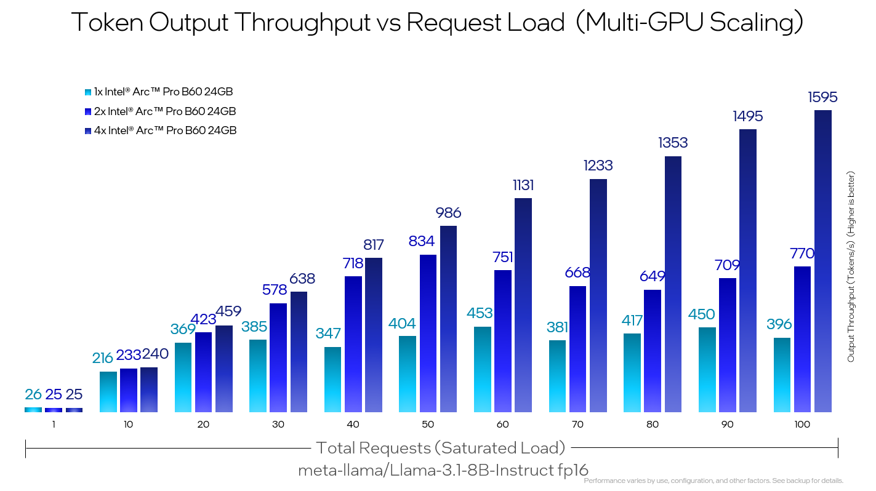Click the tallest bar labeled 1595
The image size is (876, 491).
823,261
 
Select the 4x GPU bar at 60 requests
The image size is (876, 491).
523,305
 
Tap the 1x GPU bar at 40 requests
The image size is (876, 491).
332,380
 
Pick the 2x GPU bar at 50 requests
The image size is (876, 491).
428,333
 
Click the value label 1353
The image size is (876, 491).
673,143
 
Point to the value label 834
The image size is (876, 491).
422,241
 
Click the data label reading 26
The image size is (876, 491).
33,394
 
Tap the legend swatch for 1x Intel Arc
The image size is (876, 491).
88,92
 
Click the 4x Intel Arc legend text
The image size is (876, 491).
164,130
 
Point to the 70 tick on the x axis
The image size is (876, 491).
578,425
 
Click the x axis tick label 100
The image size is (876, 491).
802,425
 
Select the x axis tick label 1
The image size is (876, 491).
54,425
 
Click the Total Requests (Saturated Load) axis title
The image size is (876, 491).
440,447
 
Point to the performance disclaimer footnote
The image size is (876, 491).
713,481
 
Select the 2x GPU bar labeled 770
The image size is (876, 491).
803,339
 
